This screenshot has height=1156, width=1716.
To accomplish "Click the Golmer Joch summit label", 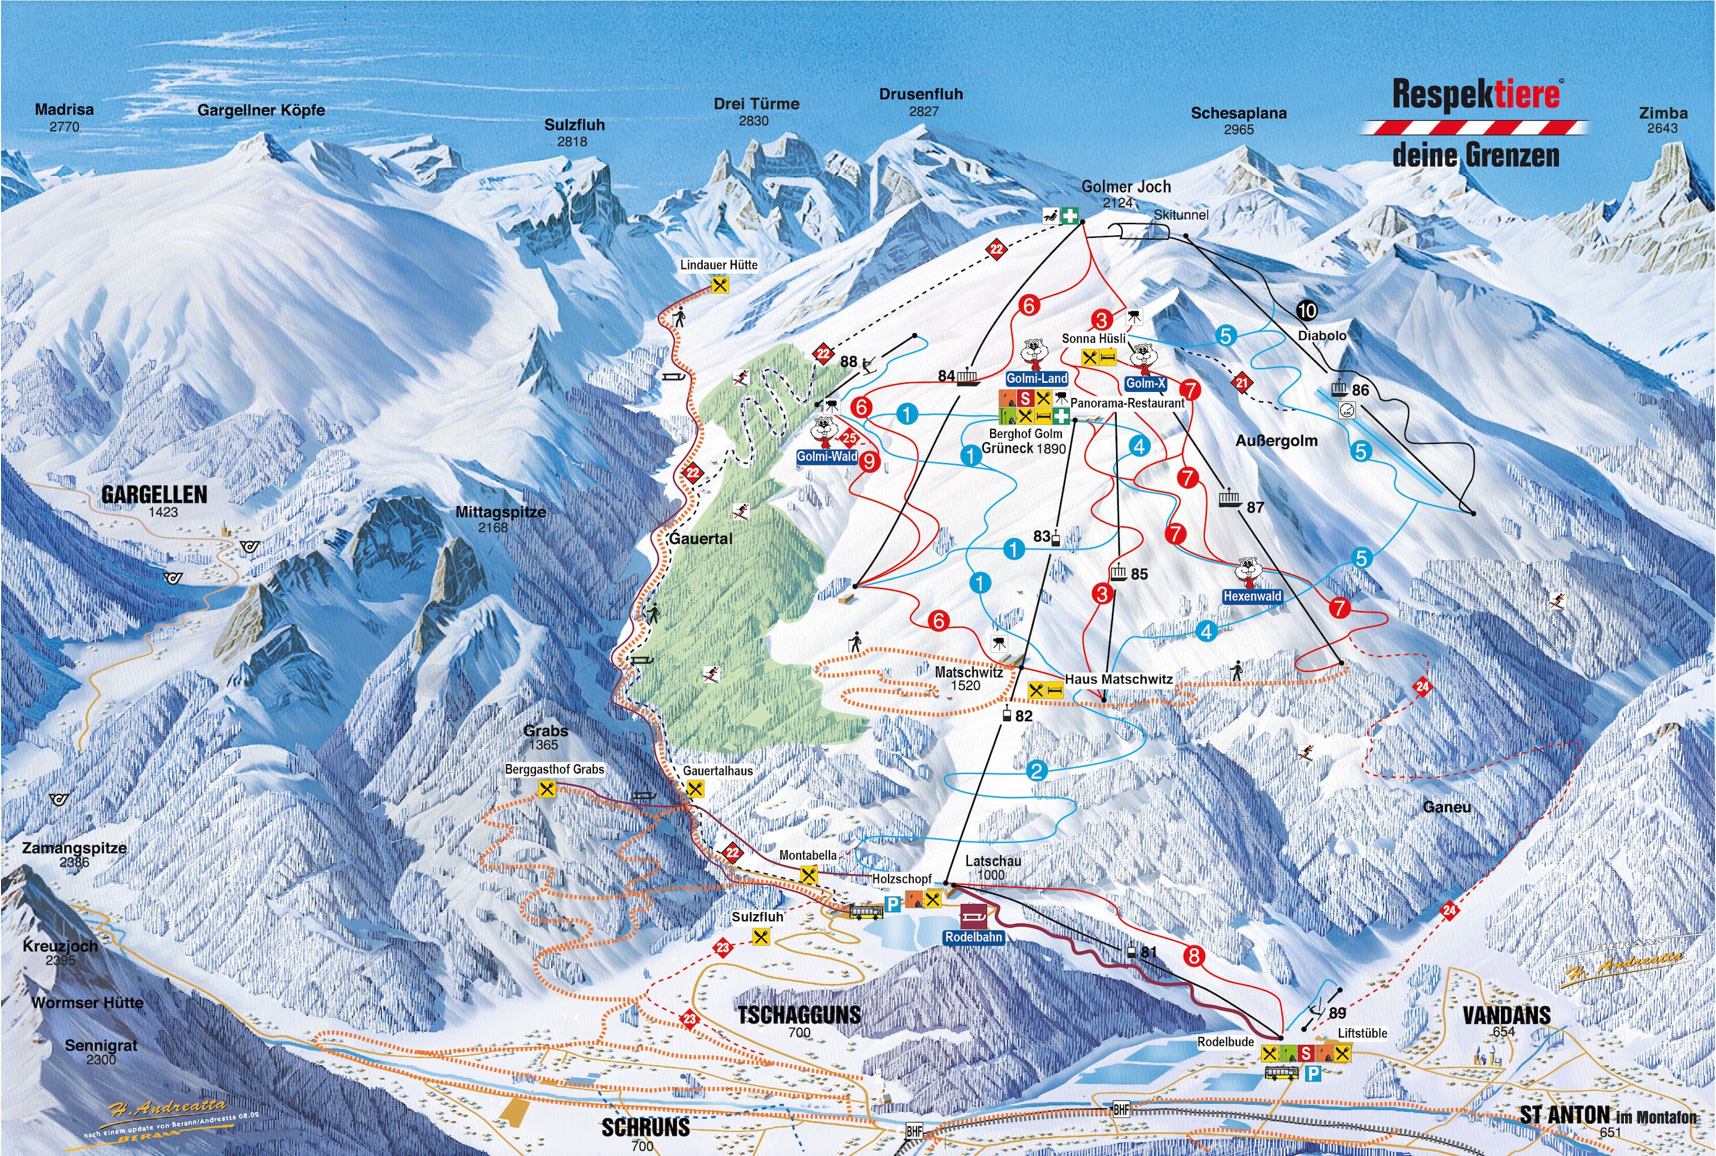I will (x=1126, y=187).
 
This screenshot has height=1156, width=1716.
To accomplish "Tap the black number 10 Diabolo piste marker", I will (x=1307, y=311).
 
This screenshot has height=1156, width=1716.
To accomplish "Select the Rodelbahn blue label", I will (x=974, y=937).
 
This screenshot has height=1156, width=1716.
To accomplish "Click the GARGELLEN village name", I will (x=154, y=494).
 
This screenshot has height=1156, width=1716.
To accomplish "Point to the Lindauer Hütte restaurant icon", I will (x=720, y=284).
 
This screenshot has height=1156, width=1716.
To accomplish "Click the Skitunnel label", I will (x=1181, y=214).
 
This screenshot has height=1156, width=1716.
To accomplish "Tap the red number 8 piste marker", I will (x=1193, y=957).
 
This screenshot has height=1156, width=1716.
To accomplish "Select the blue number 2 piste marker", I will (x=1037, y=771).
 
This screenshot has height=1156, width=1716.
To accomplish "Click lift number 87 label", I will (x=1255, y=507).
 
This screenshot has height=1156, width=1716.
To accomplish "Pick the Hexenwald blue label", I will (x=1252, y=596).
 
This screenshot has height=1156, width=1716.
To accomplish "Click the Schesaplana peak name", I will (x=1239, y=114).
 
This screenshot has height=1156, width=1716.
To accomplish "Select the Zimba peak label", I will (x=1663, y=114).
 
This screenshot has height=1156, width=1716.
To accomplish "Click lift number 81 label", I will (x=1148, y=952).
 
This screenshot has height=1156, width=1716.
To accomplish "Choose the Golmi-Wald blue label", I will (x=827, y=456).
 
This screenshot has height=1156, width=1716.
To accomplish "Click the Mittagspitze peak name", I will (x=501, y=511).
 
